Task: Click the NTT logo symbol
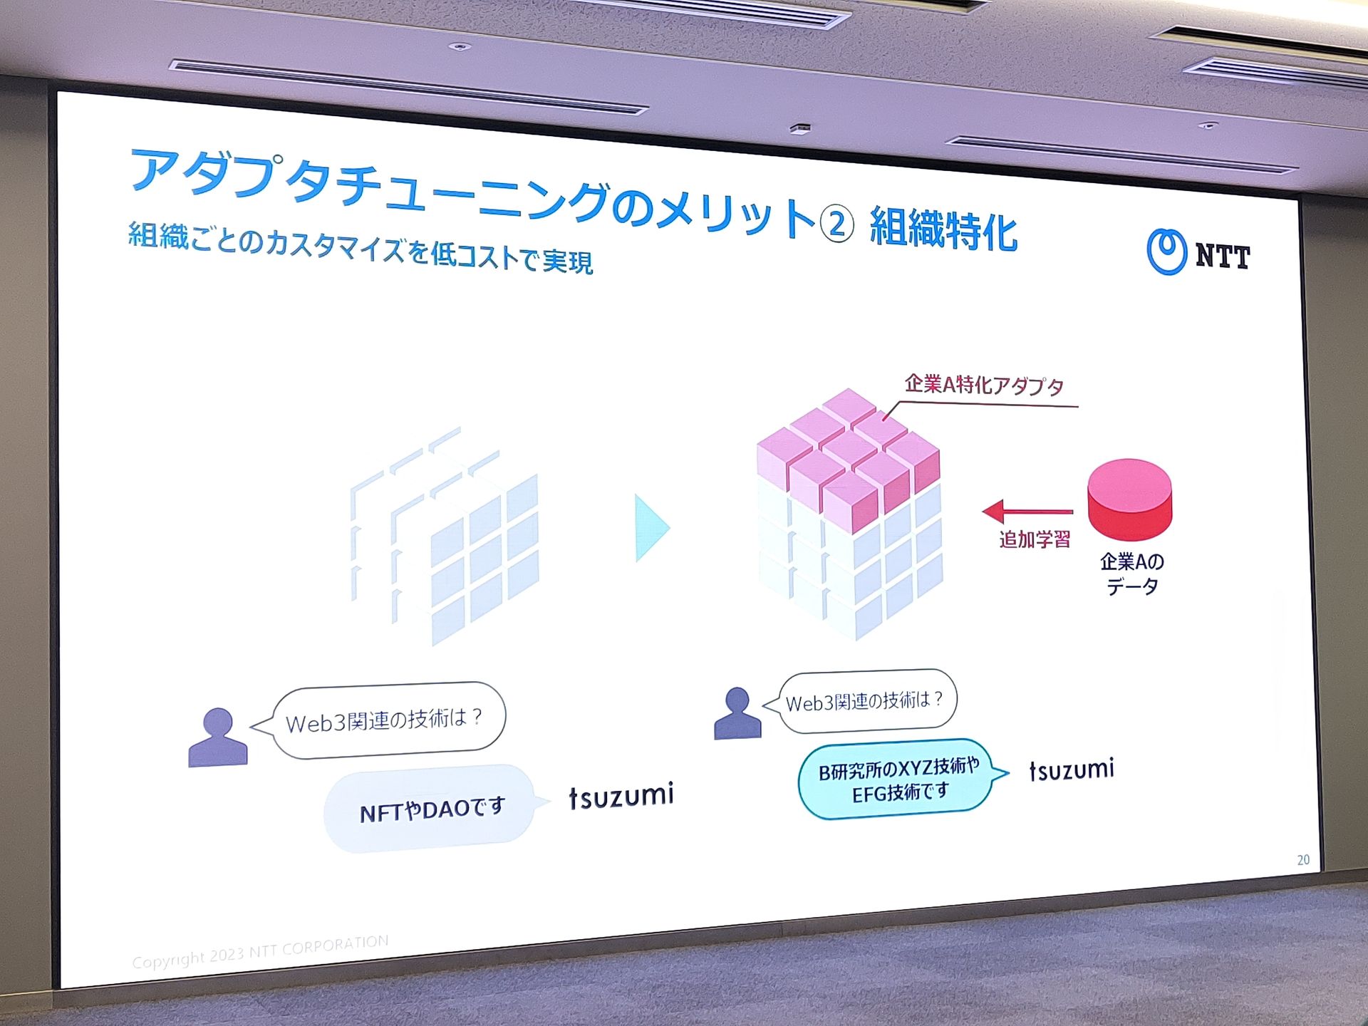point(1166,252)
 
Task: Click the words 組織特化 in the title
point(943,229)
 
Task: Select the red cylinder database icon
point(1129,499)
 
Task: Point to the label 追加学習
point(1035,539)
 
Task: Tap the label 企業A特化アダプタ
point(984,385)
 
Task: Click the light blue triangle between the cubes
point(652,529)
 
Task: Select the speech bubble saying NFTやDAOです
point(430,809)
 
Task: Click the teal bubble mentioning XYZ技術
point(901,779)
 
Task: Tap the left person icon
point(218,737)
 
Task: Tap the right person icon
point(737,713)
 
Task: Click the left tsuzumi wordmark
point(621,796)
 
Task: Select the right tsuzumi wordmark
point(1072,769)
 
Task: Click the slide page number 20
point(1303,860)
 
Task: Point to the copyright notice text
point(261,951)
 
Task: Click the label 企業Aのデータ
point(1132,574)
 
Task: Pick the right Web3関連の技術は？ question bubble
point(861,702)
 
